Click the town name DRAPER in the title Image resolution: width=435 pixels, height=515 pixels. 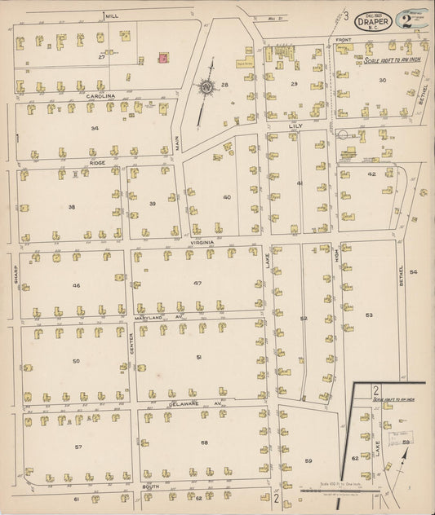372,21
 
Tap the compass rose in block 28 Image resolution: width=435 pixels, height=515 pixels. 206,86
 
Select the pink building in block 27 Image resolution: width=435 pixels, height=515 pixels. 162,58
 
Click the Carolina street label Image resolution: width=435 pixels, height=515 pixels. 87,95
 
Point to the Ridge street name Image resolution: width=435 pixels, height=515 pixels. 97,163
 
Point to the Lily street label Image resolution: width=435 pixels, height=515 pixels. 295,126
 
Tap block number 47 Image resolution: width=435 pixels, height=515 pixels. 197,282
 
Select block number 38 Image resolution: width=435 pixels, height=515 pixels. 72,207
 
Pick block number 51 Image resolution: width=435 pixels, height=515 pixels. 198,357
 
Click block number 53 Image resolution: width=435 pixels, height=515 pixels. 369,314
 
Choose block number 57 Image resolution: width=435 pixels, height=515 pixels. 78,447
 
